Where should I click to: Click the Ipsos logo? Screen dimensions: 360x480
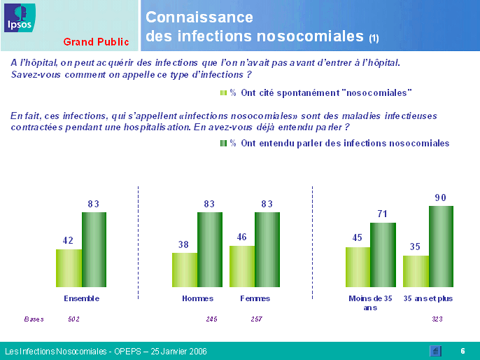pos(17,18)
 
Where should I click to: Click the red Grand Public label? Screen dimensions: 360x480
pos(96,42)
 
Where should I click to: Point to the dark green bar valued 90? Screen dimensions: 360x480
pos(441,247)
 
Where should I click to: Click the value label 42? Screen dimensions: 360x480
pos(68,240)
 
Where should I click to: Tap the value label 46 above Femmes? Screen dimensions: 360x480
pos(242,237)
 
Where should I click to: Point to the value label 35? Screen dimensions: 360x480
pos(415,247)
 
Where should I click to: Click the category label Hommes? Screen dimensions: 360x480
pos(197,298)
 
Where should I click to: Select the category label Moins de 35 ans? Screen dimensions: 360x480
pos(370,303)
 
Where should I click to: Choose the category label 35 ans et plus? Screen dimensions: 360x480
pos(428,298)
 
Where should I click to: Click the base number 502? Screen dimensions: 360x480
pos(73,319)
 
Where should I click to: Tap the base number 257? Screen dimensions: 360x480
pos(257,319)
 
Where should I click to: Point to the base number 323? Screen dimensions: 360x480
pos(436,319)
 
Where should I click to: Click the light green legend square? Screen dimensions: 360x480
pos(223,92)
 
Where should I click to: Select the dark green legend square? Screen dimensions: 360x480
pos(223,143)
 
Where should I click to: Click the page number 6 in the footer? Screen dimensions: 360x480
pos(463,351)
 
